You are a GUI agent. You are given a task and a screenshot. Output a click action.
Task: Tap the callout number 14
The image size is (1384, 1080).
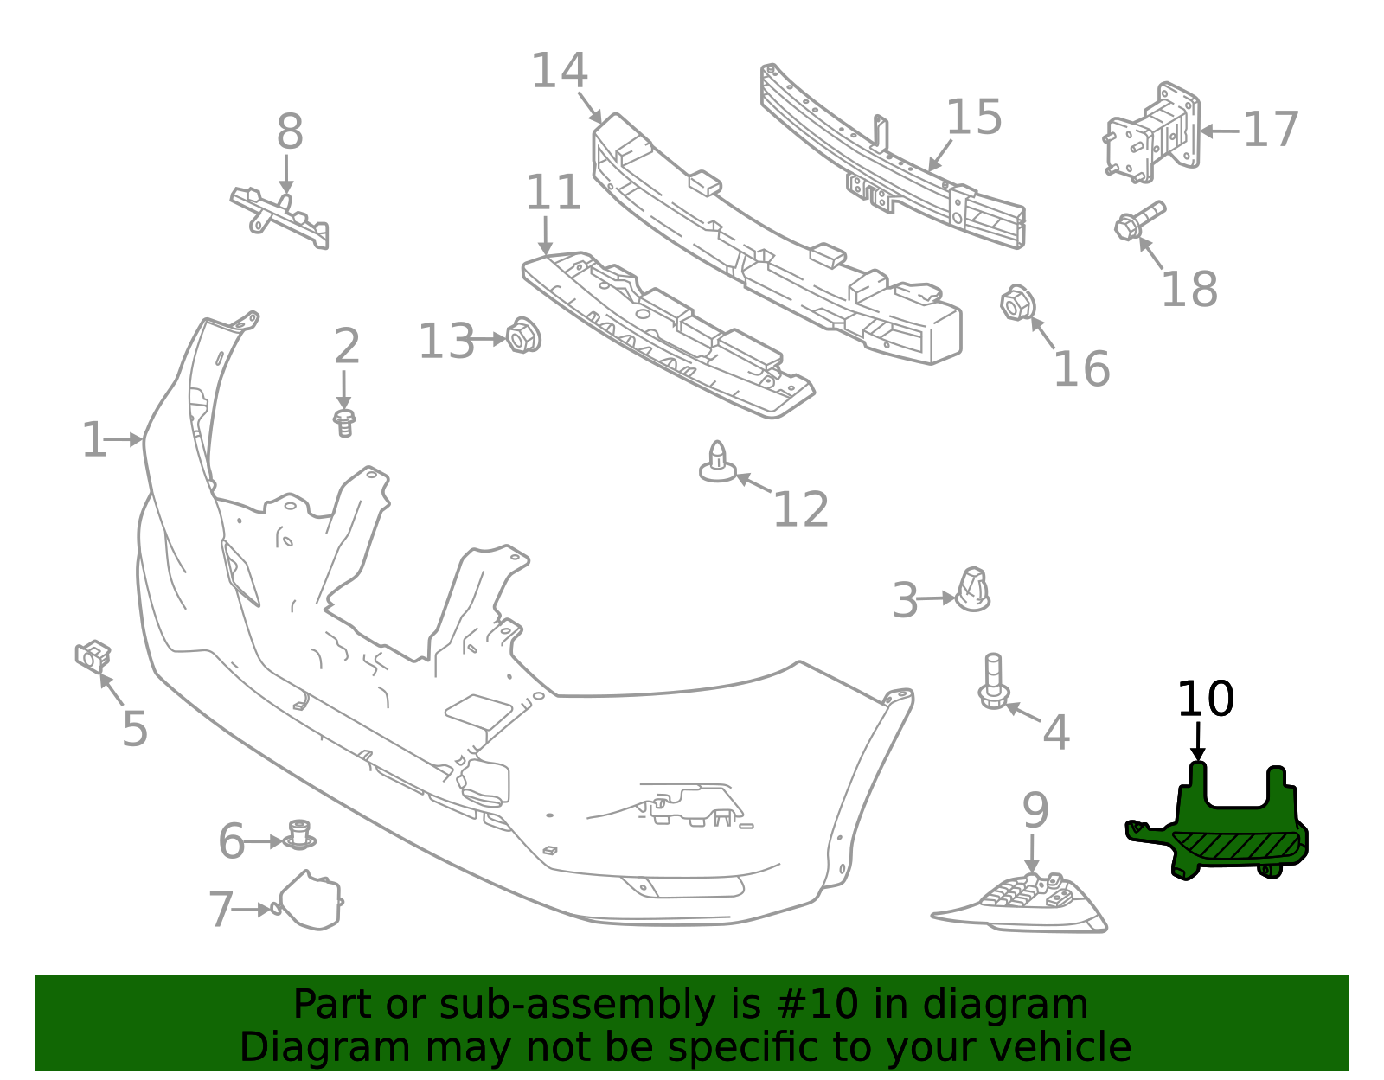click(559, 71)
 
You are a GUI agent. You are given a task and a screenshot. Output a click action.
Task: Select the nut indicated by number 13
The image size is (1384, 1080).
click(523, 336)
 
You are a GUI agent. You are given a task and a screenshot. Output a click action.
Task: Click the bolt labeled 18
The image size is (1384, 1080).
click(1139, 220)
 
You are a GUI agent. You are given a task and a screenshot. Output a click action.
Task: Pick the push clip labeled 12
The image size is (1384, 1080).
click(718, 462)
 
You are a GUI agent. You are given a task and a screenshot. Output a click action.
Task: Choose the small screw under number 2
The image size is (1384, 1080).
click(344, 423)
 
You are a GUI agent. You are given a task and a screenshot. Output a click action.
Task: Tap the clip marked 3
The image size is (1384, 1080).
click(972, 589)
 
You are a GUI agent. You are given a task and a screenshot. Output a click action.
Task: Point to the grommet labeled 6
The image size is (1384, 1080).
click(299, 835)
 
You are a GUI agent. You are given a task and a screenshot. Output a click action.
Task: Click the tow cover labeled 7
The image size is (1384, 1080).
click(308, 900)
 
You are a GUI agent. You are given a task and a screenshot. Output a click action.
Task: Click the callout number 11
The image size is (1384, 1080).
click(553, 192)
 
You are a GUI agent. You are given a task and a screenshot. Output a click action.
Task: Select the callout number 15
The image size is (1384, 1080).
click(974, 117)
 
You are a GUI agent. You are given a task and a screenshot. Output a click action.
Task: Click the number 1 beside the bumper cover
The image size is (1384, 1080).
click(94, 439)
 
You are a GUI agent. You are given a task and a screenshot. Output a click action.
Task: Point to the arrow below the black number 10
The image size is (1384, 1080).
click(1198, 741)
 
